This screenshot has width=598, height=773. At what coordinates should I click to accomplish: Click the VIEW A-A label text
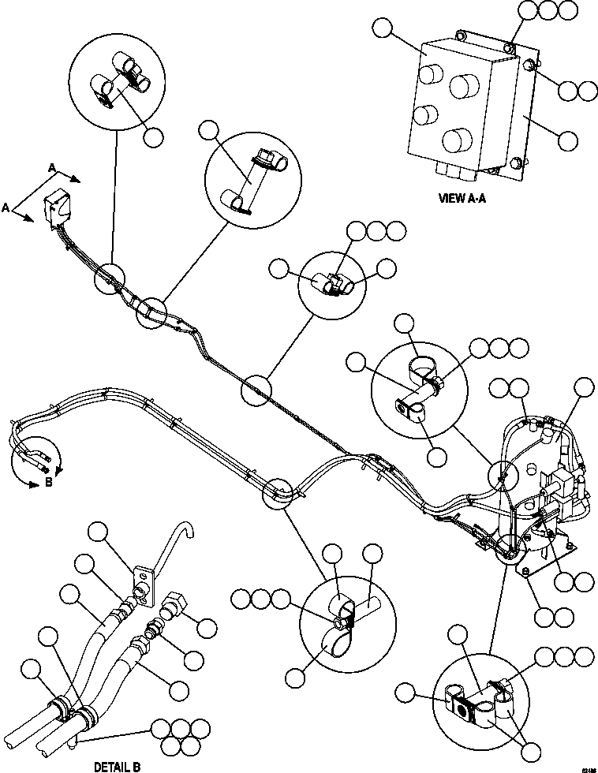(462, 199)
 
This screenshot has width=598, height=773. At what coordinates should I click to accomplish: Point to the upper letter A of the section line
(52, 167)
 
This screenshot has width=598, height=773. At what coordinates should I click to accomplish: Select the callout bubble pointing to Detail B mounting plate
(99, 532)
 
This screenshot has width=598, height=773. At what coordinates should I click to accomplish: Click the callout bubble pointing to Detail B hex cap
(206, 628)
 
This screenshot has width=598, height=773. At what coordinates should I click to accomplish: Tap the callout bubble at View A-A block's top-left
(383, 29)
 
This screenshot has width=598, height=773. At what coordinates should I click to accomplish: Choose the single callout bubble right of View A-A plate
(567, 140)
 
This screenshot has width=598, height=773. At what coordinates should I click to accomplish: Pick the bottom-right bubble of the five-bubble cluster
(190, 745)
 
